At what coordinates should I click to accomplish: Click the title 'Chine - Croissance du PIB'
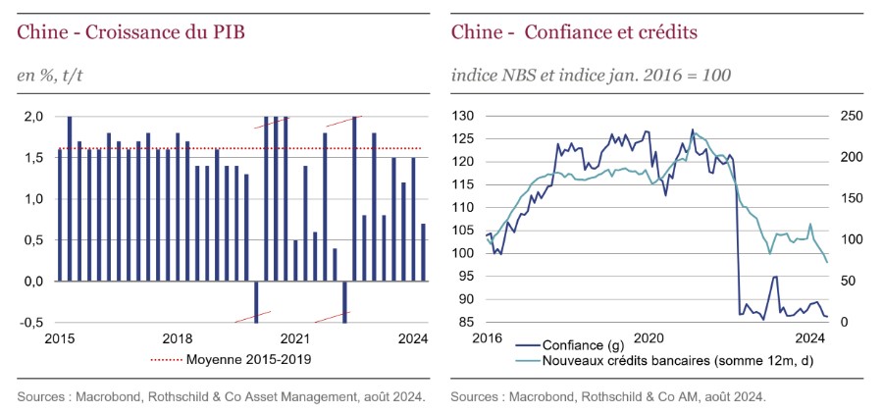point(130,32)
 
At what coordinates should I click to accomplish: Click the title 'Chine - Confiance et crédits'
point(574,32)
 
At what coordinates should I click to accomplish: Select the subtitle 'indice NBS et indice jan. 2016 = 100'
point(591,75)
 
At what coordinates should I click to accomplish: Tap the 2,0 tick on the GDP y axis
point(32,117)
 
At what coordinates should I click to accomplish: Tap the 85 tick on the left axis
point(467,323)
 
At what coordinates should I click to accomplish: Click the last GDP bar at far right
point(423,252)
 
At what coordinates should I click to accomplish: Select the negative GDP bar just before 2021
point(256,301)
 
